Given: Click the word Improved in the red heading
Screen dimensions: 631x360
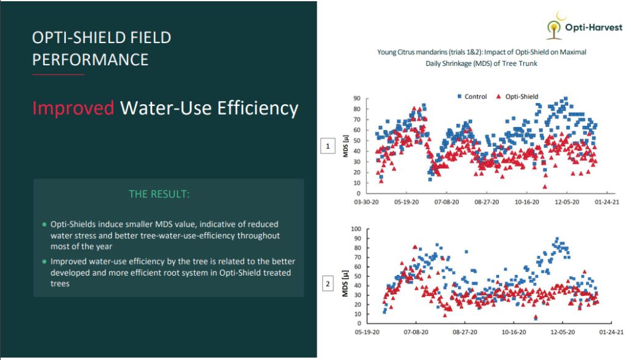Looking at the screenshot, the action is (73, 108).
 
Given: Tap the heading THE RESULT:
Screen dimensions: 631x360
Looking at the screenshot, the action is (159, 194).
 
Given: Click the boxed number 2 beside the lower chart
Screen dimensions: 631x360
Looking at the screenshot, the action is (327, 284).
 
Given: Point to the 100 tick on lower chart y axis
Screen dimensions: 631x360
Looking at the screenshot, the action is (356, 229).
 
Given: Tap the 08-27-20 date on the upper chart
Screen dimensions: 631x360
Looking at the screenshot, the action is (487, 202).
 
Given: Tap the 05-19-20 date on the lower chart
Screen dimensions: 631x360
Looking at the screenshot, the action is (367, 331).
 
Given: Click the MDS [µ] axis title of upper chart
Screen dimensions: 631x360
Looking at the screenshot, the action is (346, 146).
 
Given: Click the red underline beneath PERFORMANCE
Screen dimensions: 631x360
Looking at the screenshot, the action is (58, 75).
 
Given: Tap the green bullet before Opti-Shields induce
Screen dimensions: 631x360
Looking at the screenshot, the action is (44, 224).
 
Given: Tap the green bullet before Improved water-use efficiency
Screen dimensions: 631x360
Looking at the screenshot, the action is (44, 261).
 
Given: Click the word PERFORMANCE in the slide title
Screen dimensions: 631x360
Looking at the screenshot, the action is (90, 60).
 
